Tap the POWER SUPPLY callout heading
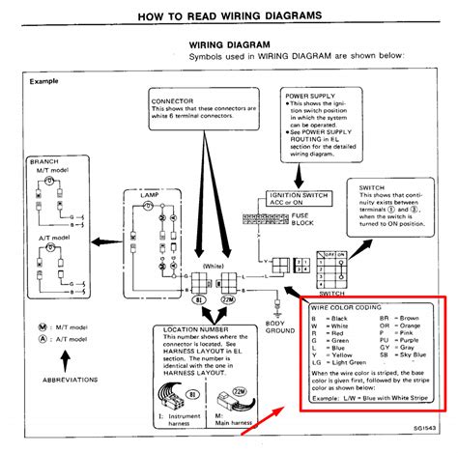(311, 95)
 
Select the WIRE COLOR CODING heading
(347, 307)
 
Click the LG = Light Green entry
(341, 363)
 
